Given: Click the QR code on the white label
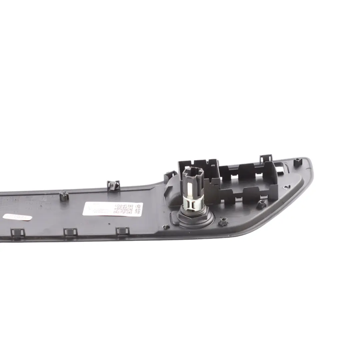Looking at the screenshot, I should pyautogui.click(x=123, y=209).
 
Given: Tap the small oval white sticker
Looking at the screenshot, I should pyautogui.click(x=17, y=217).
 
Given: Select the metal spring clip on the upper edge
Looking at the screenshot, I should pyautogui.click(x=114, y=185).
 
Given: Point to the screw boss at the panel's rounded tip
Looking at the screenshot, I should pyautogui.click(x=298, y=162).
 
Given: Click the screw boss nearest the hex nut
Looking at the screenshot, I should pyautogui.click(x=223, y=221).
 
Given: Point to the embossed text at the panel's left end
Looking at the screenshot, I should pyautogui.click(x=10, y=201).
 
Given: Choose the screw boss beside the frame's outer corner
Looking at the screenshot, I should pyautogui.click(x=261, y=204).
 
